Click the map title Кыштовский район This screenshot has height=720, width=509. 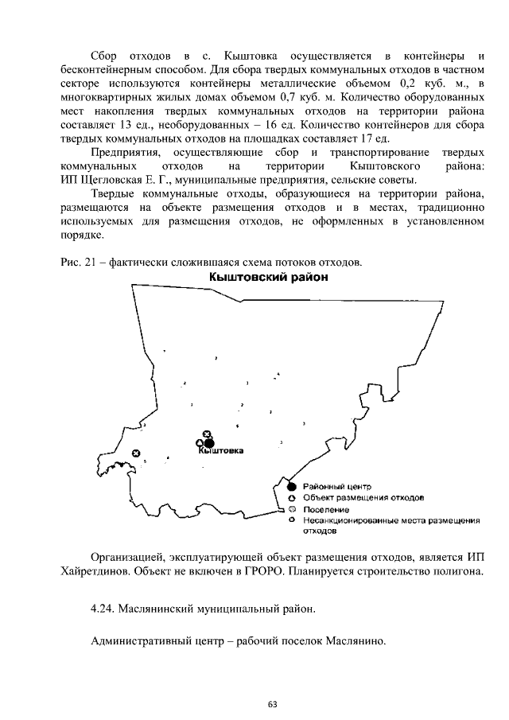(x=267, y=278)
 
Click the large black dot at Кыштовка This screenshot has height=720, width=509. (x=210, y=443)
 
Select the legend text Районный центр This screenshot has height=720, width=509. (x=337, y=486)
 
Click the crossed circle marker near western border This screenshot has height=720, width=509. (x=136, y=453)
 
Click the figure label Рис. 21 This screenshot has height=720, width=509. (x=76, y=263)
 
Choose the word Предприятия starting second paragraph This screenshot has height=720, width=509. (x=125, y=153)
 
